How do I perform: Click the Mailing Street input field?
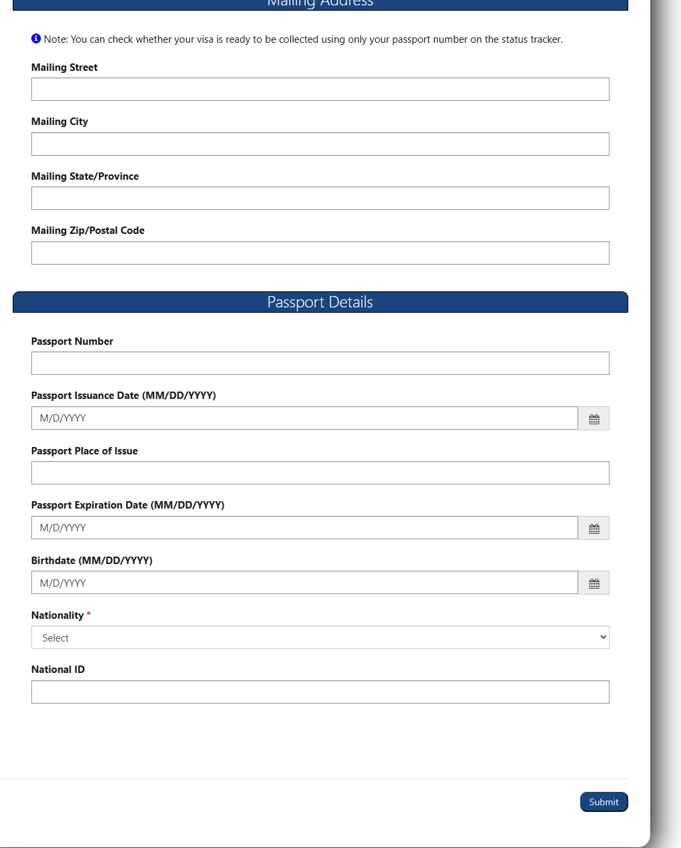(320, 90)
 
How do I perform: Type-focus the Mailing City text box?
(320, 144)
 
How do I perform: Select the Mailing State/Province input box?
(320, 198)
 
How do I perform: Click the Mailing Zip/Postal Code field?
(320, 253)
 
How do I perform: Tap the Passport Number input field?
(320, 364)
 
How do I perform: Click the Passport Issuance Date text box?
(304, 418)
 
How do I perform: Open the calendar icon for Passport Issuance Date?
(594, 419)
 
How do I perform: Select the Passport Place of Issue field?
(320, 473)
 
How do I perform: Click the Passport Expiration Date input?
(304, 528)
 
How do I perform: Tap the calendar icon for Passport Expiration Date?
(594, 529)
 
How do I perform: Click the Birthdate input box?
(304, 583)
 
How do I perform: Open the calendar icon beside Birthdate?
(594, 583)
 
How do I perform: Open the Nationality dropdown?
(320, 638)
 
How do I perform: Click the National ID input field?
(320, 692)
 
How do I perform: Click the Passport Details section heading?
(320, 302)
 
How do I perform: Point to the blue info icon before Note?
(36, 39)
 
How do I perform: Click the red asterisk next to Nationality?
(89, 615)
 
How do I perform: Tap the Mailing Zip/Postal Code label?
(87, 231)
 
